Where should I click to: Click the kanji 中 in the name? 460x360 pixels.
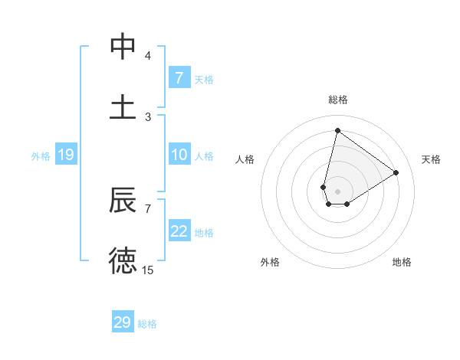[123, 47]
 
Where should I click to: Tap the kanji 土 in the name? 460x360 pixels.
[123, 107]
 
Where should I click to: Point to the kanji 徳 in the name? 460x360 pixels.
[123, 260]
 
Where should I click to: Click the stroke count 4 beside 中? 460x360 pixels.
[147, 56]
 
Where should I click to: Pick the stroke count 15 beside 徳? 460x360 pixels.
[147, 270]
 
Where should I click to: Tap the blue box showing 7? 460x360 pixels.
[179, 78]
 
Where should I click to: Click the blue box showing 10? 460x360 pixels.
[179, 155]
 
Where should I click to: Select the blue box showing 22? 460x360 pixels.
[179, 231]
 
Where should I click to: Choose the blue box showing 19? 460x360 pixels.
[66, 155]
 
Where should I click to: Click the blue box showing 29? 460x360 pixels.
[123, 322]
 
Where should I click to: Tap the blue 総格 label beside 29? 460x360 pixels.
[147, 324]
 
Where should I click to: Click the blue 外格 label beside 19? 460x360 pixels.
[41, 155]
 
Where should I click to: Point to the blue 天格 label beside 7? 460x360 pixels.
[204, 79]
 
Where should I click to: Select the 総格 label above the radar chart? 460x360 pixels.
[337, 100]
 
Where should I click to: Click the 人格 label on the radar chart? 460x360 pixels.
[245, 159]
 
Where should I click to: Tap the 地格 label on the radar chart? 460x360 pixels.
[402, 262]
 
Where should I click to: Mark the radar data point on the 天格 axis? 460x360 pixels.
[396, 173]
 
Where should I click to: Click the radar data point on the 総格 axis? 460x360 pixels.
[337, 130]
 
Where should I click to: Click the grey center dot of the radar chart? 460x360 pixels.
[337, 191]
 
